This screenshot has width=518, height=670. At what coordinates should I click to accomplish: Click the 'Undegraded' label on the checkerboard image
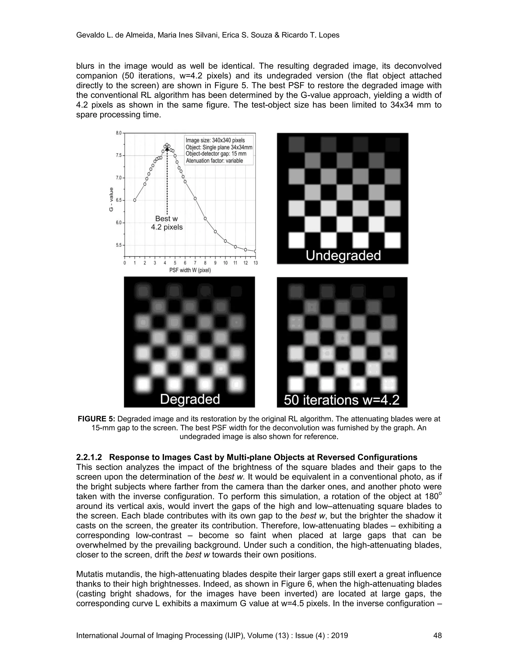click(343, 256)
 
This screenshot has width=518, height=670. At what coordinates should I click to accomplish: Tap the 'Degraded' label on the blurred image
click(190, 399)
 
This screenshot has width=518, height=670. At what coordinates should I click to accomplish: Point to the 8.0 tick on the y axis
click(118, 133)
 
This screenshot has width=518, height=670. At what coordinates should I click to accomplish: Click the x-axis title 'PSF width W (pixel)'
click(190, 271)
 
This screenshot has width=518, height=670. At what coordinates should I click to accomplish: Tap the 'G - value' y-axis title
click(111, 199)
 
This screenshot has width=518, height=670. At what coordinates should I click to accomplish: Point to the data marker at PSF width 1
click(135, 200)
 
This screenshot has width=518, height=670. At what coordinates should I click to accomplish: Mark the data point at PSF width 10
click(225, 241)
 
